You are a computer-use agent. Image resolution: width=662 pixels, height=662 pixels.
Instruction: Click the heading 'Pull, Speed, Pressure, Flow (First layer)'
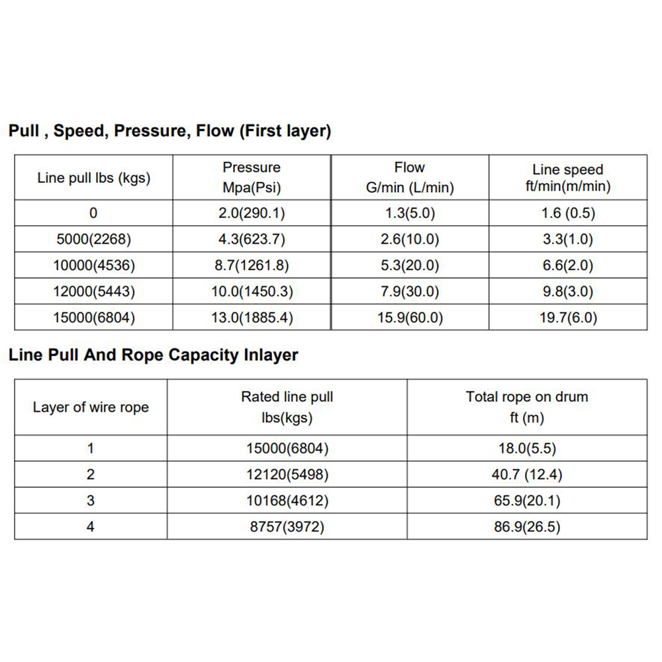pos(169,130)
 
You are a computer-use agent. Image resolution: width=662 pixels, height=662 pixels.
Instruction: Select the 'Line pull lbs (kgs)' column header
pos(93,178)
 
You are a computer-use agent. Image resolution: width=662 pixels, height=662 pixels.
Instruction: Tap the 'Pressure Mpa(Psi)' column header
pos(252,177)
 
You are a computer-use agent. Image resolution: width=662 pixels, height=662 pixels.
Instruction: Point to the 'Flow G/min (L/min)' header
pos(410,177)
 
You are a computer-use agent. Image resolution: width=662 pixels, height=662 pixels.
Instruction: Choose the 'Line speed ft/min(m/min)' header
pos(568,177)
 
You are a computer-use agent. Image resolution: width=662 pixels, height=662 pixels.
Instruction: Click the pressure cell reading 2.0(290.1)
pos(252,213)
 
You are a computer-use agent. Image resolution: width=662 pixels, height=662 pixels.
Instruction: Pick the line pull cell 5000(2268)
pos(93,239)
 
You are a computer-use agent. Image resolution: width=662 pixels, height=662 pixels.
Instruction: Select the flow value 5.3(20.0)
pos(410,265)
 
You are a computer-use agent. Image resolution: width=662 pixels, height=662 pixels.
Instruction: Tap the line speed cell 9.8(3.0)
pos(568,291)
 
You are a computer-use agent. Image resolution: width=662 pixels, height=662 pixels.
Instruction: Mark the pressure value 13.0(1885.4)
pos(252,318)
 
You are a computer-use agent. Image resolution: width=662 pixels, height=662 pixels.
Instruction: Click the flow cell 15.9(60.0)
pos(410,318)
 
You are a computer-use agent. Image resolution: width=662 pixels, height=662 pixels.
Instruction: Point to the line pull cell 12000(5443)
pos(93,291)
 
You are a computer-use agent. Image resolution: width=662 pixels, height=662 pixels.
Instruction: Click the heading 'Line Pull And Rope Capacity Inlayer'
pos(153,355)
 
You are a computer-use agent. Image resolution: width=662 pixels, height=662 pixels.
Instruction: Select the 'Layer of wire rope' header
pos(91,407)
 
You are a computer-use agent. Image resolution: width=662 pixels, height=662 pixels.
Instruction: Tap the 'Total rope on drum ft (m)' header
pos(527,407)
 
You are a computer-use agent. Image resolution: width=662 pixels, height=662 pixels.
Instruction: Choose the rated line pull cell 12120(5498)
pos(287,475)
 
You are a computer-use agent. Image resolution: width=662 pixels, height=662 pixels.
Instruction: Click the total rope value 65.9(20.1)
pos(527,500)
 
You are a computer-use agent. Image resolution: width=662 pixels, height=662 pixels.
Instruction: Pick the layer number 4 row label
pos(91,527)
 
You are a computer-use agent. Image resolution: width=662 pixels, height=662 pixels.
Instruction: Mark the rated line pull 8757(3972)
pos(287,527)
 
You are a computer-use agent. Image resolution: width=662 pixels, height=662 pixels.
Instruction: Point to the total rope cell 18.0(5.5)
pos(527,448)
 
